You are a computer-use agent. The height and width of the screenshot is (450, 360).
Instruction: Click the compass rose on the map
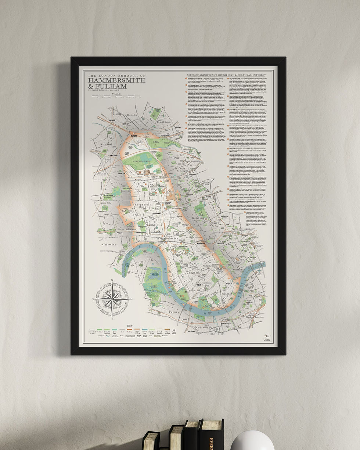(x=112, y=298)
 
